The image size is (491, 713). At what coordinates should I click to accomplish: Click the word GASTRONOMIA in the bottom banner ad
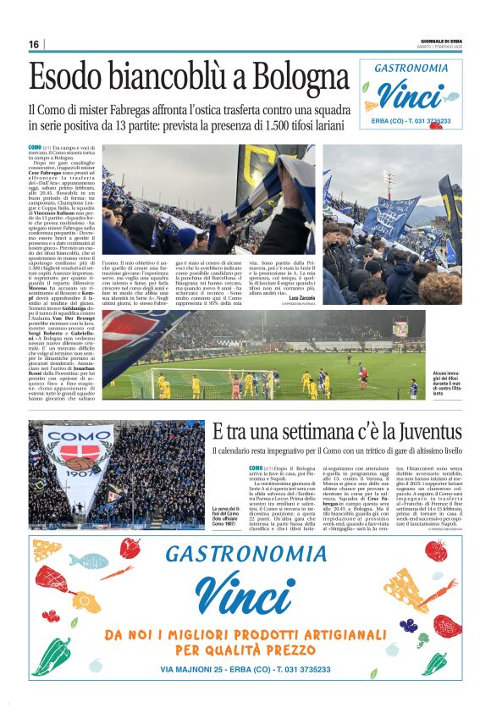[245, 555]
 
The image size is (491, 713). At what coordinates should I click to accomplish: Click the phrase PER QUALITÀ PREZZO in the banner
[245, 649]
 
